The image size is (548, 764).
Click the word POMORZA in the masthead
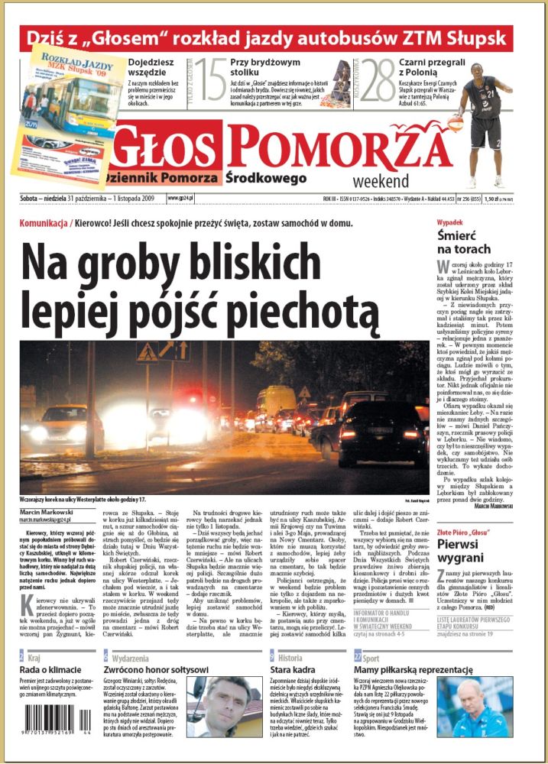339,147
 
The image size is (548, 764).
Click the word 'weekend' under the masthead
381,181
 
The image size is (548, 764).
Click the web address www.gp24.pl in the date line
180,197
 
